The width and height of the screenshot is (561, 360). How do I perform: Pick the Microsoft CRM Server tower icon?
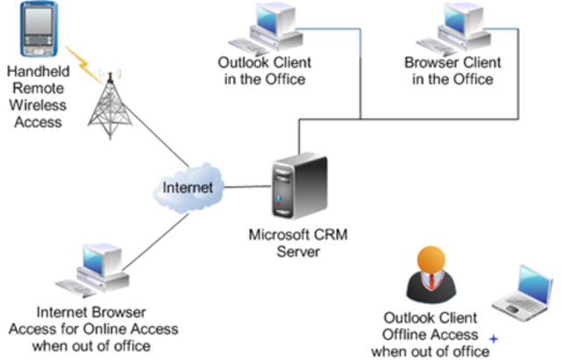298,189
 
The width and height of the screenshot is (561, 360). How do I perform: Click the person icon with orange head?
429,274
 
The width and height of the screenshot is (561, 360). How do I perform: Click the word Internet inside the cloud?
188,187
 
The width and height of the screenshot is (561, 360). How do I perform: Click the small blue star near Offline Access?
494,338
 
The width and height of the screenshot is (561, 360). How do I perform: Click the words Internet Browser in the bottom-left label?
91,312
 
